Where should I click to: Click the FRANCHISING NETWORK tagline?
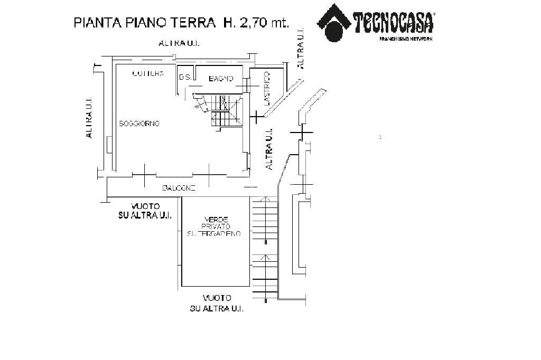[406, 39]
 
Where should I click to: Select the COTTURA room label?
[147, 73]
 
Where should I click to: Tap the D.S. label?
[185, 78]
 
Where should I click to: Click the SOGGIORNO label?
[139, 124]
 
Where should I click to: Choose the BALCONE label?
[179, 188]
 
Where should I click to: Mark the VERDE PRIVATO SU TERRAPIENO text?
[214, 226]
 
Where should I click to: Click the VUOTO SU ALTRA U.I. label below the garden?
[216, 303]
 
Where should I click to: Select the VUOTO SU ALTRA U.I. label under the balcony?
[143, 211]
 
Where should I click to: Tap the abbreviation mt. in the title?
[278, 23]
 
